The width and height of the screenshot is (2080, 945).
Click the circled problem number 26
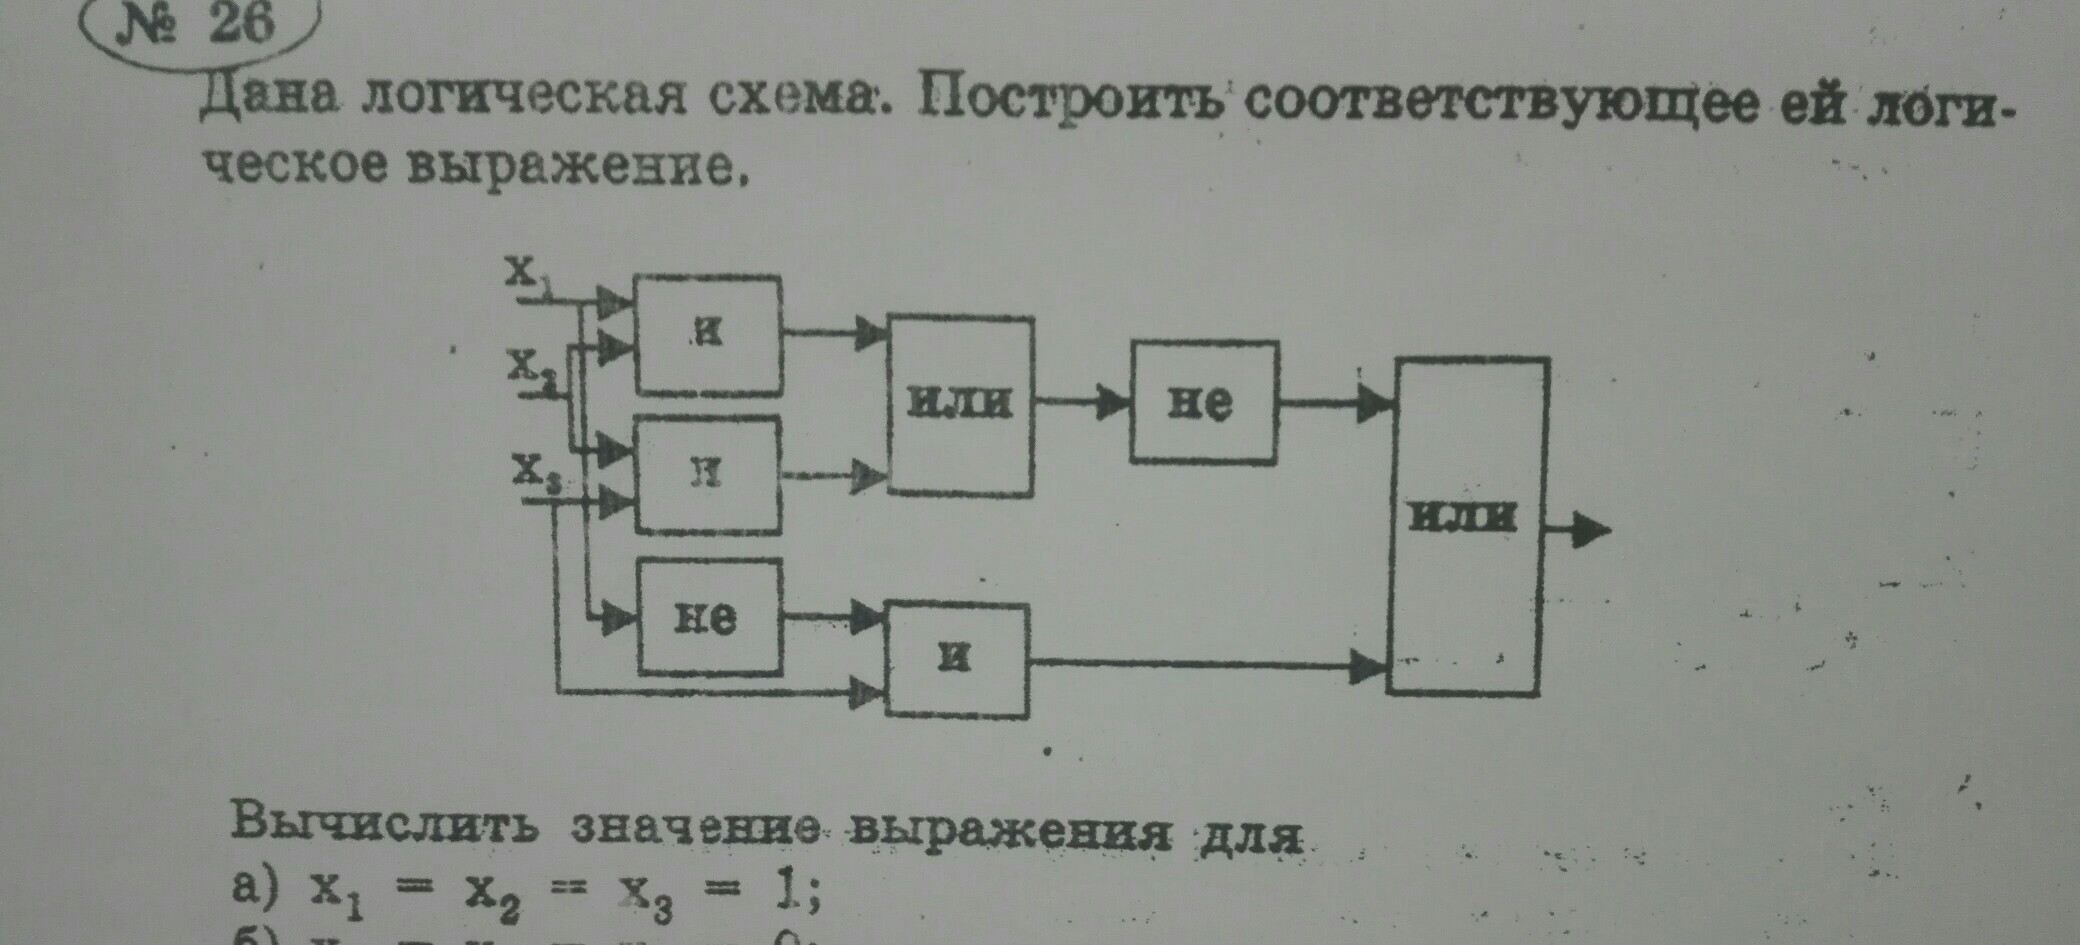coord(200,25)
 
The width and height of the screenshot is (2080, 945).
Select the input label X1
coord(526,272)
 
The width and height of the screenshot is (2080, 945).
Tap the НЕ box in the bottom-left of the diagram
coord(709,617)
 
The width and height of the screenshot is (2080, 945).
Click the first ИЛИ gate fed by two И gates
coord(960,405)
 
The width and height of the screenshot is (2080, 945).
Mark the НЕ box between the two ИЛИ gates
coord(1203,402)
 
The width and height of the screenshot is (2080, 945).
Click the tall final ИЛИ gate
coord(1466,525)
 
